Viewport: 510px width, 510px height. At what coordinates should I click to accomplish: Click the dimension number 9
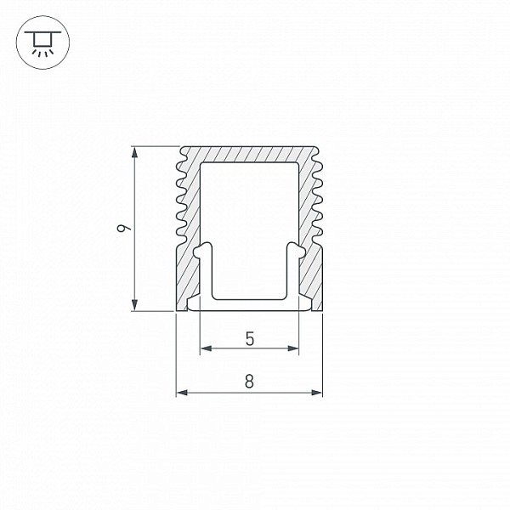(x=123, y=229)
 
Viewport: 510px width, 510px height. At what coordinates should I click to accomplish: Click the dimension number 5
(x=249, y=339)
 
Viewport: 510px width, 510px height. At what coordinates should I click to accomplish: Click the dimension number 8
(x=249, y=382)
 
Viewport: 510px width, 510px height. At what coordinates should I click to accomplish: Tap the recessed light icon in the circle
(x=42, y=42)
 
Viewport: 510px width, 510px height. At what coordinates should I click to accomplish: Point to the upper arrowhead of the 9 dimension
(x=134, y=153)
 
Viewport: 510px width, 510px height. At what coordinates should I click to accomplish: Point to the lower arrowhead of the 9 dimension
(x=134, y=304)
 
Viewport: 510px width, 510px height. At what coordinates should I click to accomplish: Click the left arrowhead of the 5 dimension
(x=207, y=348)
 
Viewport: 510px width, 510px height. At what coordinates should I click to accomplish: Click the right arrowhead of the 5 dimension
(x=292, y=348)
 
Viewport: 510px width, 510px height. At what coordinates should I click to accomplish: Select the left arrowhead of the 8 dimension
(x=183, y=393)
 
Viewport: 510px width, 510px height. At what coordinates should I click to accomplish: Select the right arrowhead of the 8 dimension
(x=316, y=393)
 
